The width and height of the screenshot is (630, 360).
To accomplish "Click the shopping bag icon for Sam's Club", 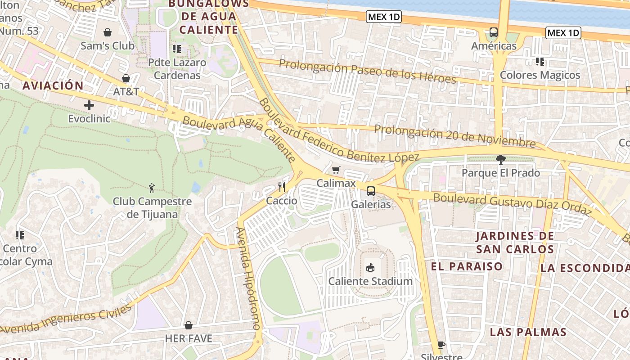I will tap(108, 32).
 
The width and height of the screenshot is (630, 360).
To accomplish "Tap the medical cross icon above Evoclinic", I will tap(89, 105).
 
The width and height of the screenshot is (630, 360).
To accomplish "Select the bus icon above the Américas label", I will tap(494, 32).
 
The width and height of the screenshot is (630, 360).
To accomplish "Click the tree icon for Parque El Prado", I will tap(500, 159).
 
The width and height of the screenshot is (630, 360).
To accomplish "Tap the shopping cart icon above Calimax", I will tap(336, 170).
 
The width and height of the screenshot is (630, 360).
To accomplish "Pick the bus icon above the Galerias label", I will tap(370, 191).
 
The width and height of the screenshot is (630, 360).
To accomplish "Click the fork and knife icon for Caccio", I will tap(282, 187).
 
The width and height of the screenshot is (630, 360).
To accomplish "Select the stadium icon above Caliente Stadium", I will tap(370, 268).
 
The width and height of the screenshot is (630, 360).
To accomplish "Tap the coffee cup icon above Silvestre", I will tap(441, 345).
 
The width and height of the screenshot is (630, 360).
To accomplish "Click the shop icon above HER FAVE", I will tap(189, 325).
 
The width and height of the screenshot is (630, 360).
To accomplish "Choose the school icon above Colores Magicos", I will tap(540, 62).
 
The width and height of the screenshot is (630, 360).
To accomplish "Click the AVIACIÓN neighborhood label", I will tap(53, 85).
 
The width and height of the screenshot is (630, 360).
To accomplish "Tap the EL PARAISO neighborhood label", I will tap(467, 266).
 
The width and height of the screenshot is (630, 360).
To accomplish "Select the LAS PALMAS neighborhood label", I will tap(528, 332).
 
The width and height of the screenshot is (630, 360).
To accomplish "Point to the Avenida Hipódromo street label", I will tap(248, 279).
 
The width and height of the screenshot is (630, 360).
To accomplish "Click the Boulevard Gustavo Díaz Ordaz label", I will tap(512, 204).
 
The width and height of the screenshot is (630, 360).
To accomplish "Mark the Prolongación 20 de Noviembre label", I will tap(454, 136).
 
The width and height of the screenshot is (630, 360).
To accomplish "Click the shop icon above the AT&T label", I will tap(126, 79).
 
